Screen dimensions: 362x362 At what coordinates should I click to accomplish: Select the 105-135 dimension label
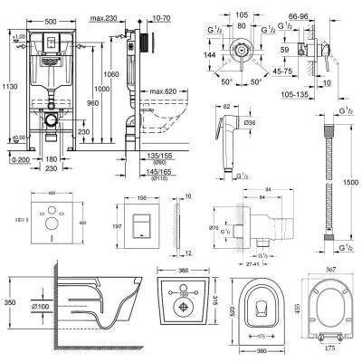(312, 91)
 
